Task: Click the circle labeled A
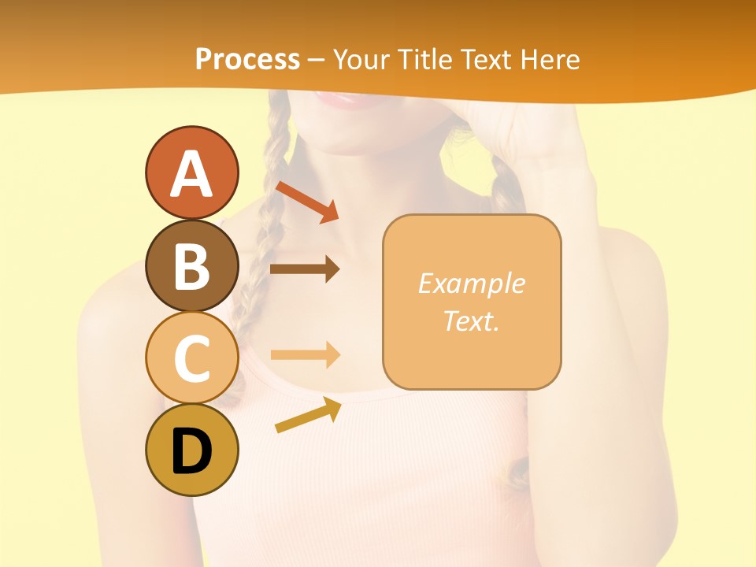tap(191, 172)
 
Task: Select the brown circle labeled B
tap(191, 265)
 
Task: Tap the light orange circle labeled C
tap(191, 358)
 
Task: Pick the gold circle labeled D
tap(191, 450)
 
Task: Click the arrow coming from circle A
tap(307, 201)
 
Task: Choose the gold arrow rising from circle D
tap(308, 415)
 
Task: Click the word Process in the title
tap(247, 59)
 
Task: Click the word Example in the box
tap(471, 283)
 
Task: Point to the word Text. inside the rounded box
tap(471, 321)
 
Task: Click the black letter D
tap(191, 453)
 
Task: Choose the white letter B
tap(191, 266)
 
